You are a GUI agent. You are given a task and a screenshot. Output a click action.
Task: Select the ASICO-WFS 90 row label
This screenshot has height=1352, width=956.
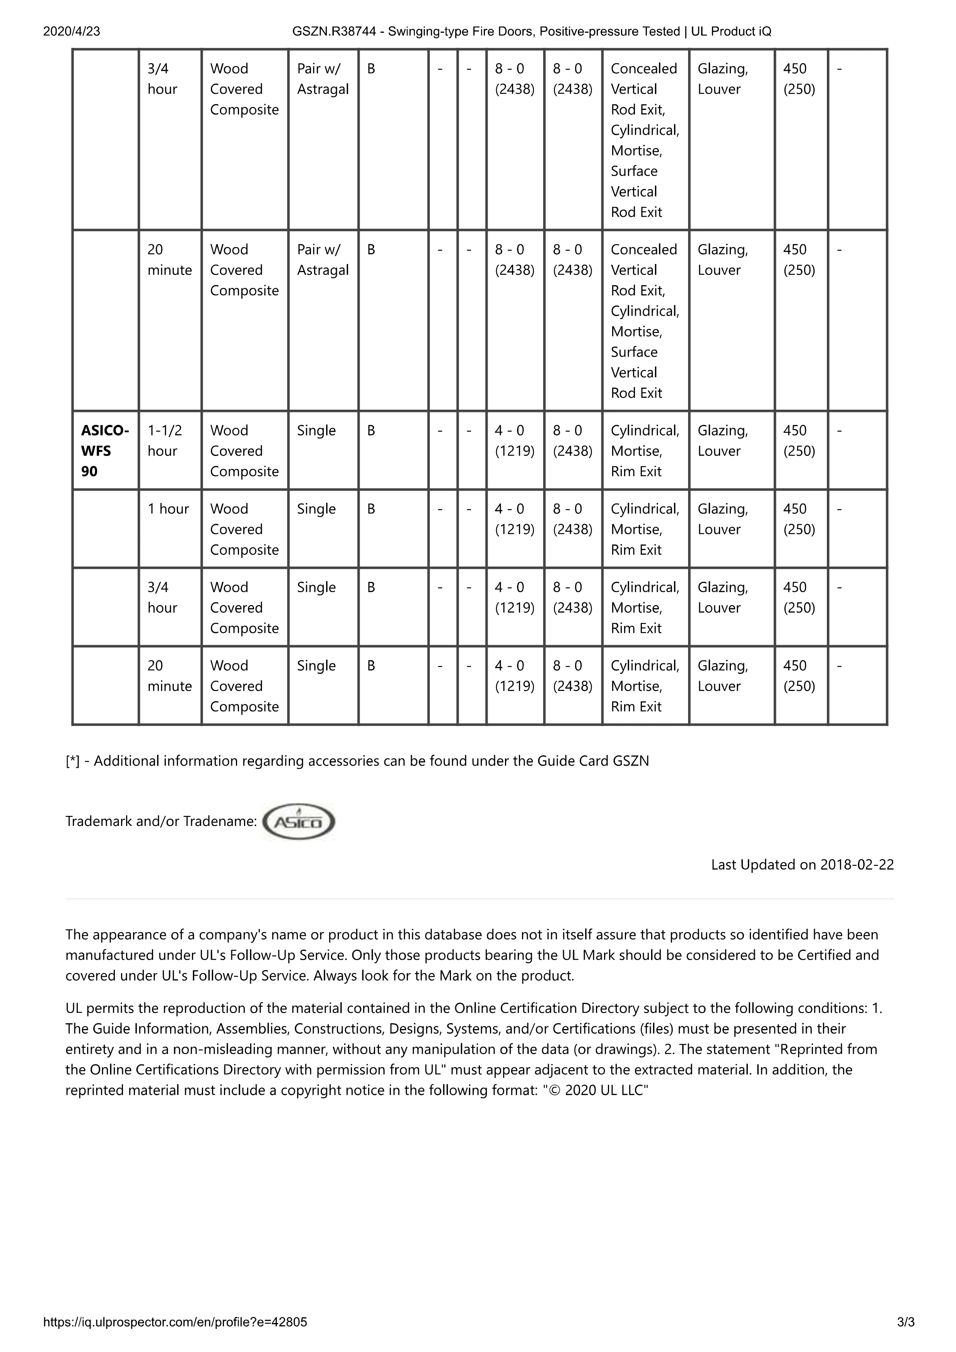click(104, 451)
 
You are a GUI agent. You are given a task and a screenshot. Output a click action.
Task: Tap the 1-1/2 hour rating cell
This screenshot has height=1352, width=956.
click(165, 441)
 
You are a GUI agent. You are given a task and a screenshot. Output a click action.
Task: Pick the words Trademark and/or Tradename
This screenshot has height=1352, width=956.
click(161, 821)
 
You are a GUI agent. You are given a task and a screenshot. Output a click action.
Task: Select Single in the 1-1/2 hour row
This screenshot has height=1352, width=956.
click(316, 430)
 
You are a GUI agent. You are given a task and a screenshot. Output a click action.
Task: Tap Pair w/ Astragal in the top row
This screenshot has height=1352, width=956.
click(323, 79)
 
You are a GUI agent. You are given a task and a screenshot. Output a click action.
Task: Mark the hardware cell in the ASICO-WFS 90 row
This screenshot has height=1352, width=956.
click(645, 451)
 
